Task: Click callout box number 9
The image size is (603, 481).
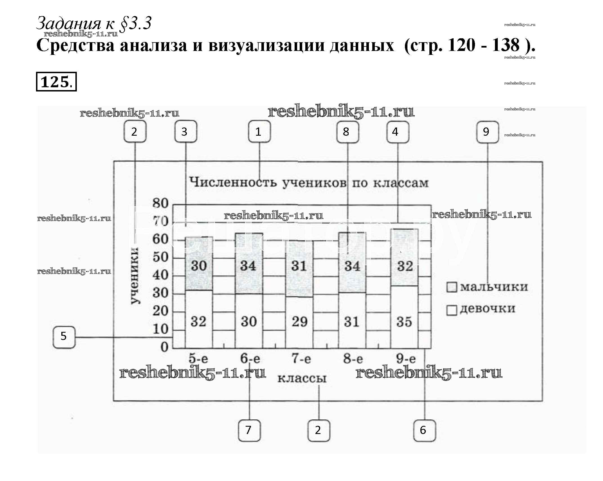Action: tap(487, 132)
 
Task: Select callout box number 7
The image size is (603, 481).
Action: tap(249, 430)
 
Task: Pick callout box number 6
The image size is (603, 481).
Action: tap(424, 430)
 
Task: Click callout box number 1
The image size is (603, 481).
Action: tap(259, 131)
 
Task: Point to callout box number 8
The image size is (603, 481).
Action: tap(348, 132)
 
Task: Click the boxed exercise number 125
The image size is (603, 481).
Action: tap(56, 82)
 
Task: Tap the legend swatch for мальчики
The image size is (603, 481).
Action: tap(451, 287)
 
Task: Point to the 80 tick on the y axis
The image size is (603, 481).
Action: tap(160, 203)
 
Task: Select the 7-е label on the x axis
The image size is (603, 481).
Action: tap(301, 359)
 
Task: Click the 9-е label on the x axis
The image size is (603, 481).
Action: tap(406, 359)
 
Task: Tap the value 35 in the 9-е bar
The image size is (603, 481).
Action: tap(404, 322)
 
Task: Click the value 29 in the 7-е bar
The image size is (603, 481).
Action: tap(299, 322)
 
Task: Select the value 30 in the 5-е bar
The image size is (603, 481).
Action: tap(199, 266)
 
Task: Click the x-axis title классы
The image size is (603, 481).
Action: tap(302, 378)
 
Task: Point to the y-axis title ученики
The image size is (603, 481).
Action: tap(135, 276)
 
